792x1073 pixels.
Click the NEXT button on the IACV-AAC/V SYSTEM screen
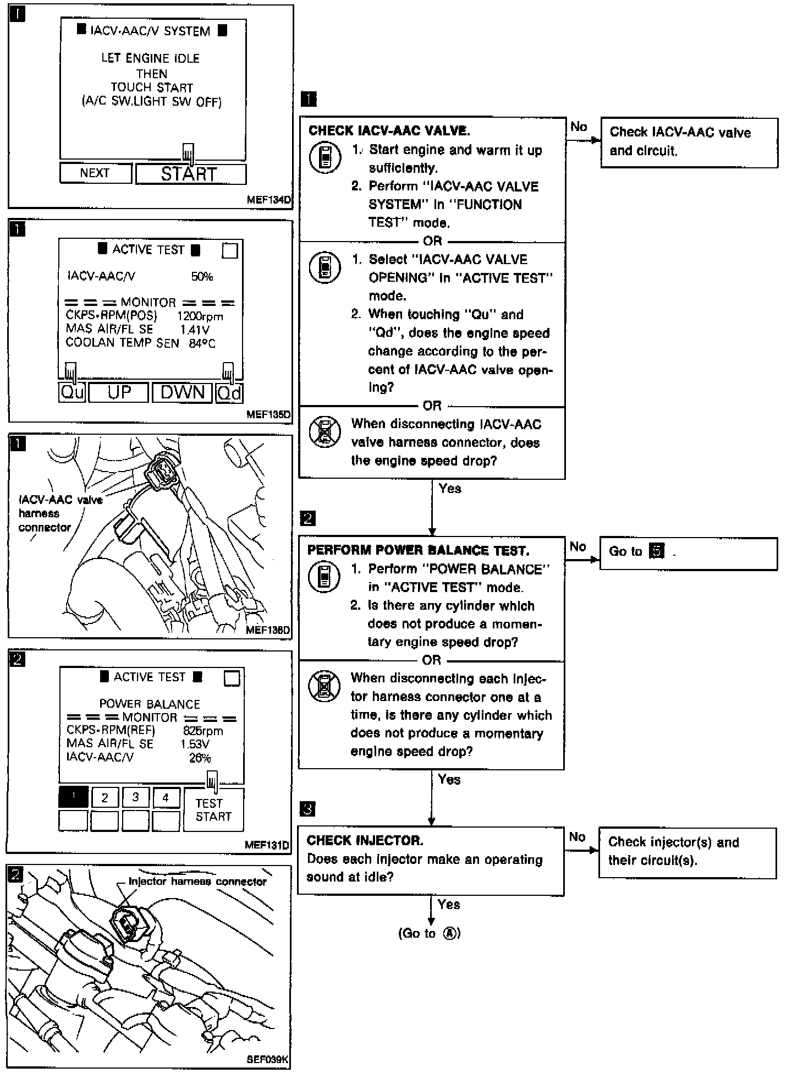point(95,173)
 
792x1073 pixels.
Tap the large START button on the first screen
point(190,174)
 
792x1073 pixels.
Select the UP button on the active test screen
point(119,393)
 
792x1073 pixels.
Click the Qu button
point(72,393)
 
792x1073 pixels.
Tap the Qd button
point(229,393)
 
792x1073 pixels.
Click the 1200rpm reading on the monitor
point(200,316)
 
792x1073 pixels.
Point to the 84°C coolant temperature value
point(202,344)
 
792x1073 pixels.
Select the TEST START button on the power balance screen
point(213,810)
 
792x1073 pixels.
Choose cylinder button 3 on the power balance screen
point(135,797)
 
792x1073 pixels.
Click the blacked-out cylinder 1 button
point(73,797)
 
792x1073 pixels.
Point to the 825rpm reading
point(203,731)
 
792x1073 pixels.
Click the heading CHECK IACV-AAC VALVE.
point(389,131)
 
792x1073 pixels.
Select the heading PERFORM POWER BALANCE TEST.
point(418,550)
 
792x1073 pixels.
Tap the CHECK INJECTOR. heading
point(365,840)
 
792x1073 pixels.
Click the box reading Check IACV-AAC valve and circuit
point(689,142)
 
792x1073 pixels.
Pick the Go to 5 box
point(687,553)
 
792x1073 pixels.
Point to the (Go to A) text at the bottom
point(429,933)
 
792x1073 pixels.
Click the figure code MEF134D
point(268,200)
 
